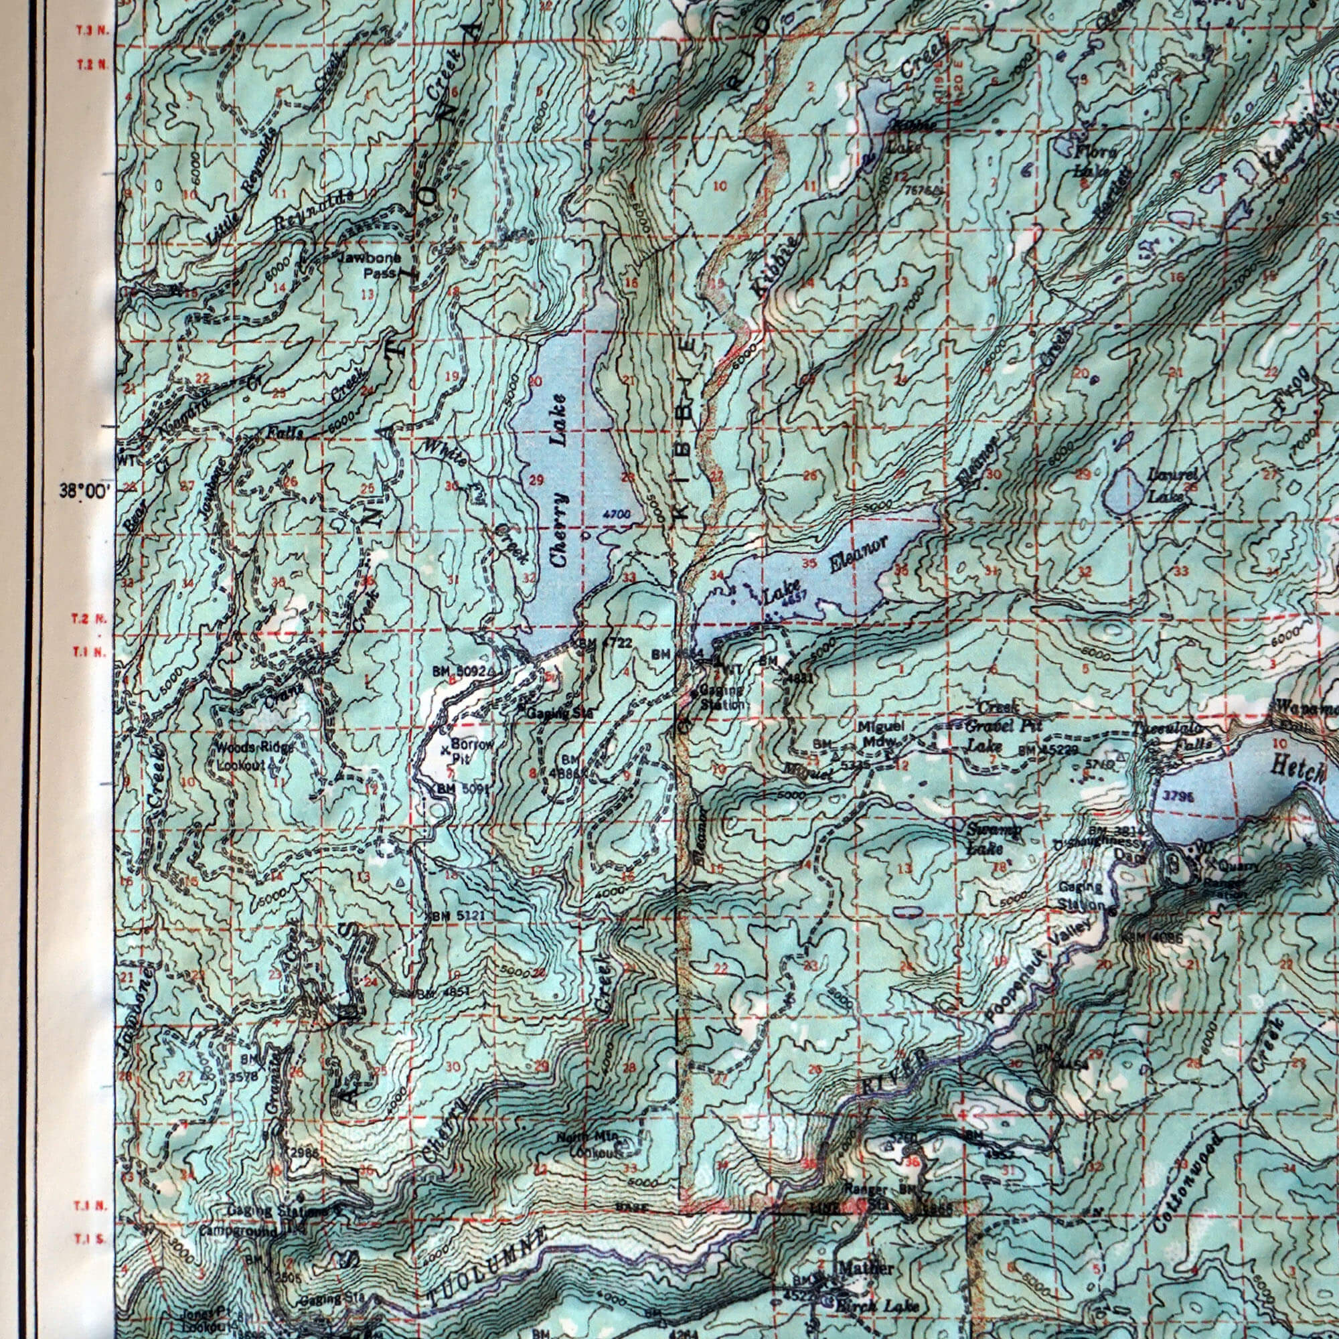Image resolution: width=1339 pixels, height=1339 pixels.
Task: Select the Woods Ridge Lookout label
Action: [254, 756]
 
